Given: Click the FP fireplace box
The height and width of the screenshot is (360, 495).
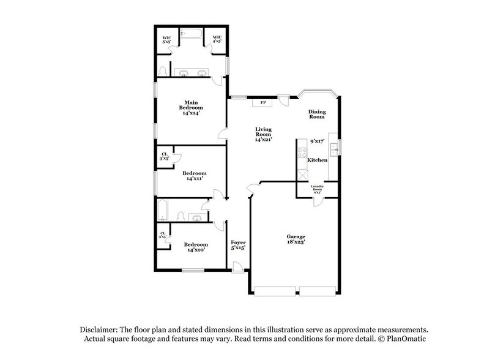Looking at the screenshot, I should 263,103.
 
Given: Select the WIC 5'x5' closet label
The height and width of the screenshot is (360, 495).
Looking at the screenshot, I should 166,40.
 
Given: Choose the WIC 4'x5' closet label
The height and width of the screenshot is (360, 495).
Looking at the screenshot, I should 217,40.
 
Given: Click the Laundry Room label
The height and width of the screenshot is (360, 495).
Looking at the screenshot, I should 317,187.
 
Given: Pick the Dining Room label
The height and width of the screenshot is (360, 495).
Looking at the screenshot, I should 316,114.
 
